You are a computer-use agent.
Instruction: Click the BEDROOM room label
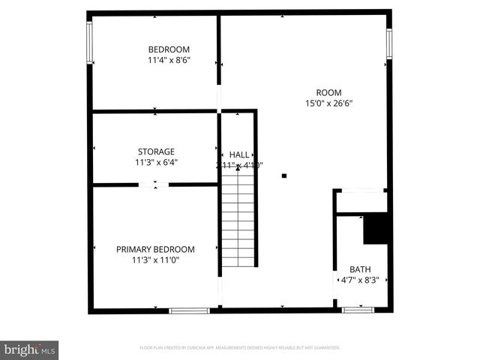pos(169,49)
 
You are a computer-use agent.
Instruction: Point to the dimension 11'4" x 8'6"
pos(169,61)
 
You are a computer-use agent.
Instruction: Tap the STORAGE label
pos(156,151)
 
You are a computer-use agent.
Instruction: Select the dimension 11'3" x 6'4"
pos(156,162)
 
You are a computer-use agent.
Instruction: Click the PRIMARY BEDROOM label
pos(155,250)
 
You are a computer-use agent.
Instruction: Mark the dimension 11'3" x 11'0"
pos(155,261)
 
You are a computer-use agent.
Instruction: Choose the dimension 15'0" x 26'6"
pos(328,103)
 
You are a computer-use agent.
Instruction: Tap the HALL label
pos(239,154)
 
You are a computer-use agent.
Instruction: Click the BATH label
pos(360,269)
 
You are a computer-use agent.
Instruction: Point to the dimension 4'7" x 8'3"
pos(360,280)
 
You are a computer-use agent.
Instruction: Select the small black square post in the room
pos(284,176)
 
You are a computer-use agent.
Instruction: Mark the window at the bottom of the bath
pos(358,309)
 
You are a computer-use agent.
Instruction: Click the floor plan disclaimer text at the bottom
pos(240,348)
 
